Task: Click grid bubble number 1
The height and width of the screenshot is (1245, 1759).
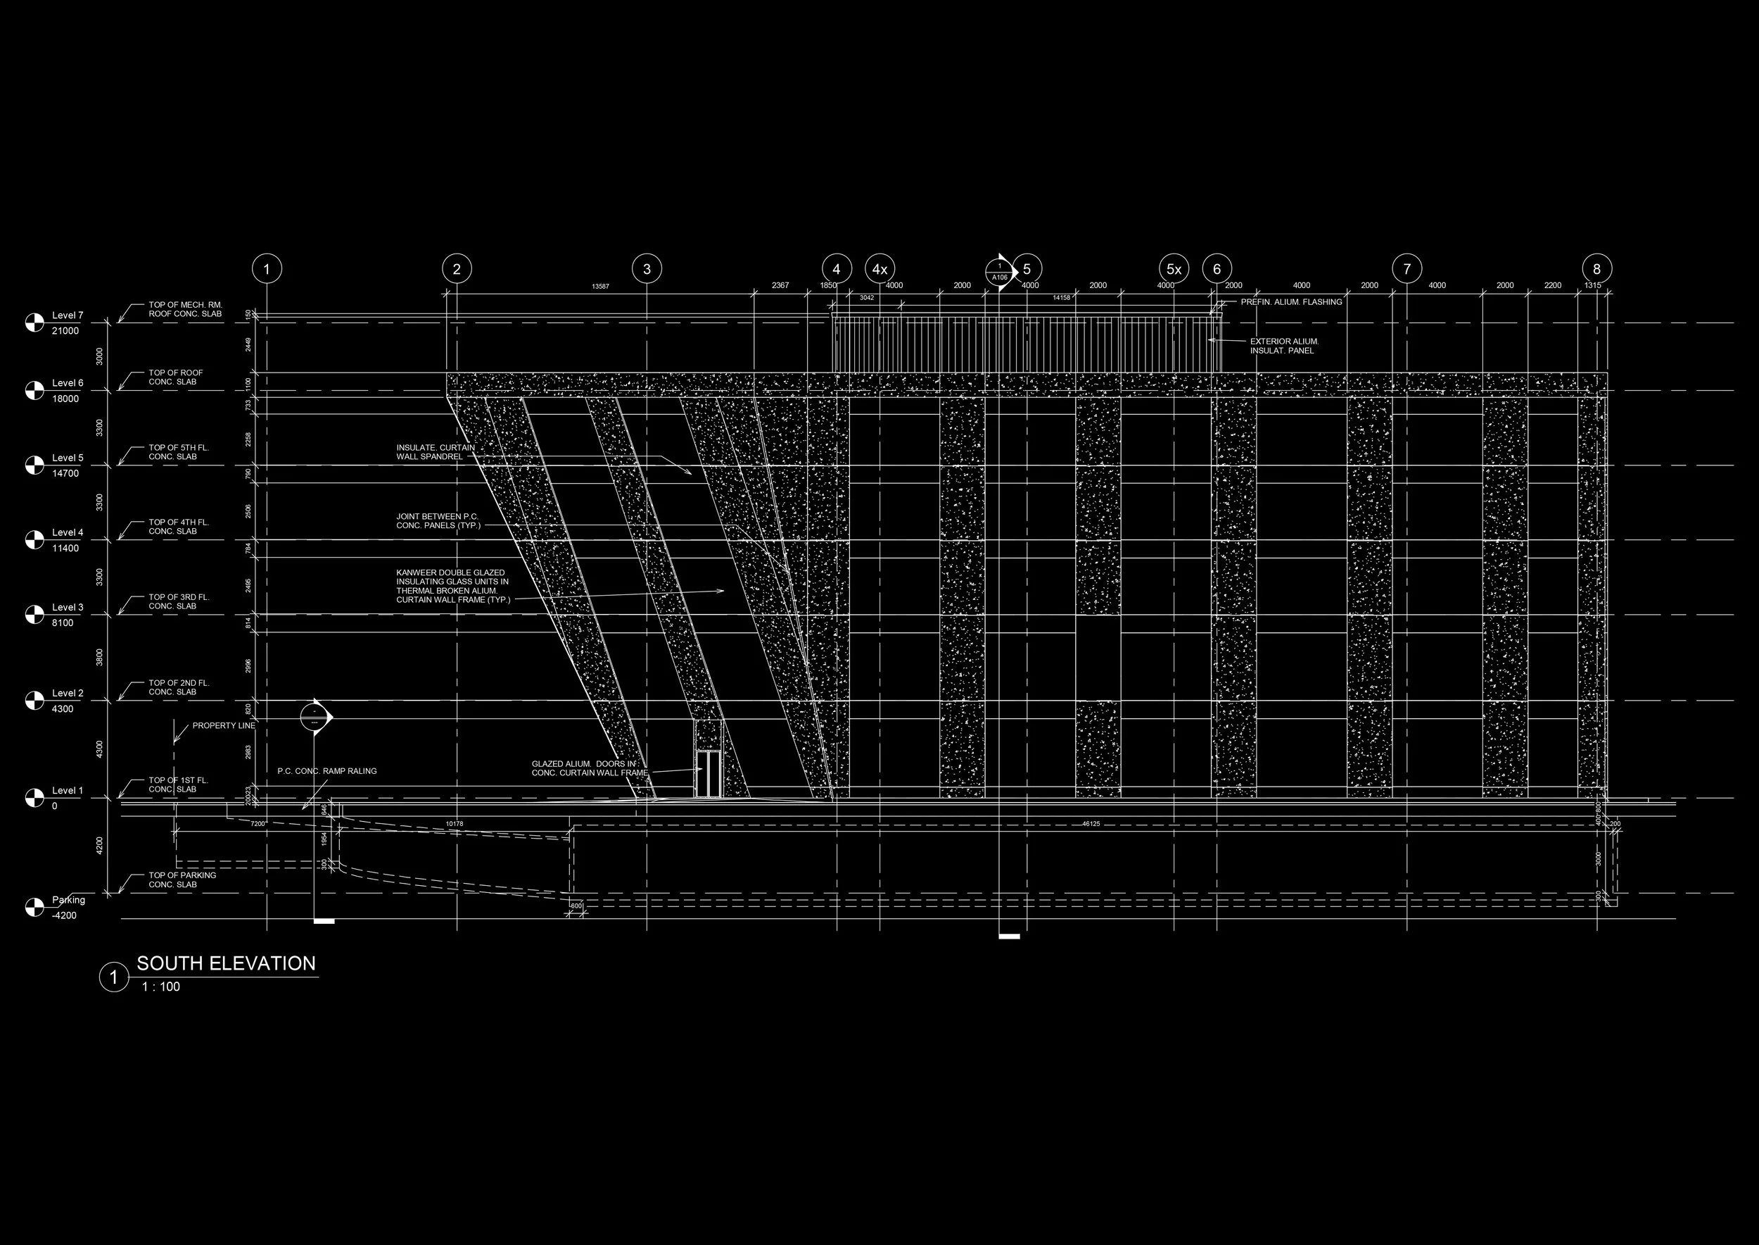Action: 267,269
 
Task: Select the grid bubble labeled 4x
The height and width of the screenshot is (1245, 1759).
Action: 879,269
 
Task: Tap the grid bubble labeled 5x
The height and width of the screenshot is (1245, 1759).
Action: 1174,269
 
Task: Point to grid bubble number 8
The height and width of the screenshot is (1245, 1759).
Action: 1596,269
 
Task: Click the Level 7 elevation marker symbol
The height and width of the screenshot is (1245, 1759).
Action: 34,323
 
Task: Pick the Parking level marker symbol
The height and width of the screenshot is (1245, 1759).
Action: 34,907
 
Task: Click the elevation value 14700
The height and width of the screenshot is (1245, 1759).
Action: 65,474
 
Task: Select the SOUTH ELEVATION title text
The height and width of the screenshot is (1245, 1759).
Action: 226,963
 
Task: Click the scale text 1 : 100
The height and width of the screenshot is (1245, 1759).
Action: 161,987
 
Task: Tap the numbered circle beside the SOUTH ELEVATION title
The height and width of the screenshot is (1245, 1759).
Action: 114,977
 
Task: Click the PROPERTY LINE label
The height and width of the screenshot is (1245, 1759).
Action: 224,725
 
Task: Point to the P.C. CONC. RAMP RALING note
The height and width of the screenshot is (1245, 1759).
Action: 327,771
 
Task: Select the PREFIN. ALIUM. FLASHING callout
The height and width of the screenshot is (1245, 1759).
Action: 1291,302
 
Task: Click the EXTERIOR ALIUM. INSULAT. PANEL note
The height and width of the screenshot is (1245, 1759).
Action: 1284,346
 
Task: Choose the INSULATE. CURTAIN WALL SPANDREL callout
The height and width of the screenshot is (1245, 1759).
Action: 435,452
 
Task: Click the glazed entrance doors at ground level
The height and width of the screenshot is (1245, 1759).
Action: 708,773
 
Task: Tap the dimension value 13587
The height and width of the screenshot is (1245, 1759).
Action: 601,287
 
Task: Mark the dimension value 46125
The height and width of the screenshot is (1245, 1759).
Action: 1091,824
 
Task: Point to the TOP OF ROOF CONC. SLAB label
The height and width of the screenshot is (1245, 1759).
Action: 175,377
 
